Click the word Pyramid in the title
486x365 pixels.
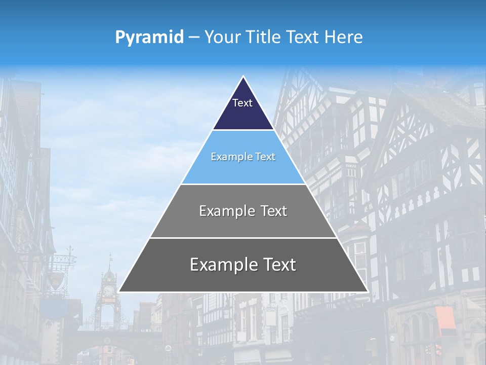pos(149,37)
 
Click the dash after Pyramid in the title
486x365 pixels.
pos(194,38)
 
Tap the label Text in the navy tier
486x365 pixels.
pos(242,103)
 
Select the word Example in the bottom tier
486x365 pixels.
pos(223,265)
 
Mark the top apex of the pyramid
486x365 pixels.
pos(243,77)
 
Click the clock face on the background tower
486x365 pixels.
pos(108,290)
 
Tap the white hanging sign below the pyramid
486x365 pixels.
pos(270,317)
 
